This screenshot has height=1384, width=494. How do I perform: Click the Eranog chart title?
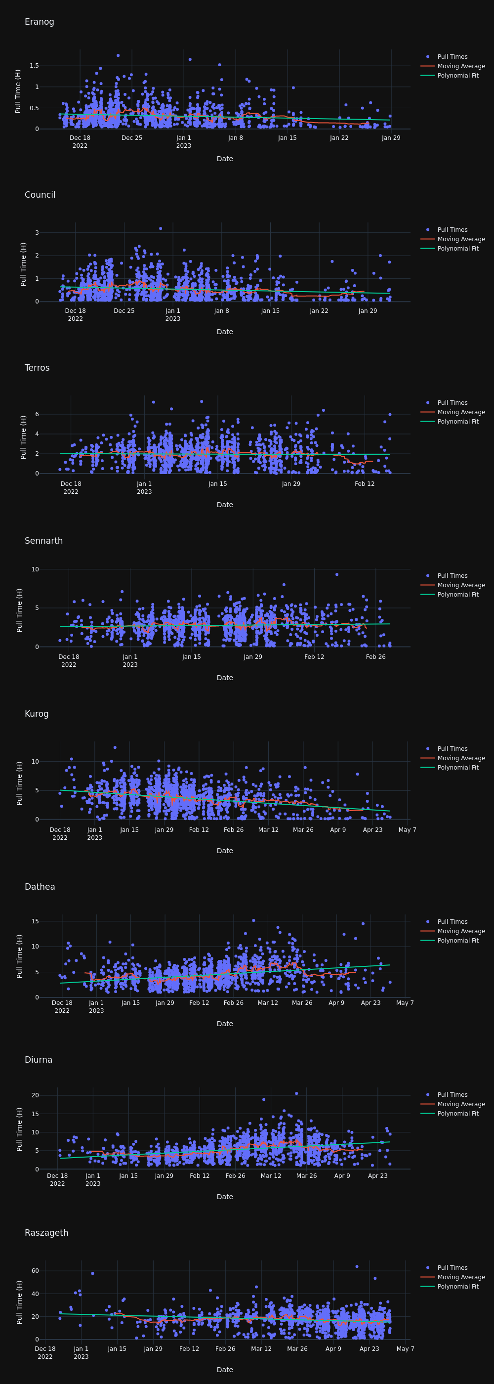(x=39, y=22)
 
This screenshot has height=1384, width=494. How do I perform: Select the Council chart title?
(x=40, y=195)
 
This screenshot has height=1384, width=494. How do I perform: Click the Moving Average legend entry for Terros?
(x=461, y=412)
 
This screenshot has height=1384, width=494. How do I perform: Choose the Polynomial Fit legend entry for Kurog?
(x=457, y=768)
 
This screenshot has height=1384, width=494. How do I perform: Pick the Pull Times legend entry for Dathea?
(x=452, y=922)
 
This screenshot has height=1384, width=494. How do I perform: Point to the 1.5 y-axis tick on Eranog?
(x=34, y=66)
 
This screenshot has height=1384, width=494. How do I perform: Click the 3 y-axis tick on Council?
(x=37, y=233)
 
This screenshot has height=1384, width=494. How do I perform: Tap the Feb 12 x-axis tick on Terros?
(x=365, y=484)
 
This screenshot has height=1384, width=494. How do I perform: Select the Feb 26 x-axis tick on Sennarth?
(x=375, y=657)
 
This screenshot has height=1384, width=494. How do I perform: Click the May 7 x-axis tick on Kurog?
(x=407, y=830)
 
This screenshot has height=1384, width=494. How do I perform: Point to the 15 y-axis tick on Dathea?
(x=35, y=921)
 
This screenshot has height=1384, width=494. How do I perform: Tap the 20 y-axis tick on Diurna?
(x=35, y=1095)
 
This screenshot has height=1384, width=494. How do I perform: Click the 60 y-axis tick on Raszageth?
(x=35, y=1271)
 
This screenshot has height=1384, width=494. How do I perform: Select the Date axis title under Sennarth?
(x=224, y=678)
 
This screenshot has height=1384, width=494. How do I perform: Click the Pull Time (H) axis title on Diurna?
(x=19, y=1129)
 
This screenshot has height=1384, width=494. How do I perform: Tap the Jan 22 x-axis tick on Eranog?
(x=339, y=138)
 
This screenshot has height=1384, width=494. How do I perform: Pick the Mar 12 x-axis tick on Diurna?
(x=271, y=1176)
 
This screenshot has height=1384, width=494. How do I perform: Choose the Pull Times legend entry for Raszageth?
(x=452, y=1268)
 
